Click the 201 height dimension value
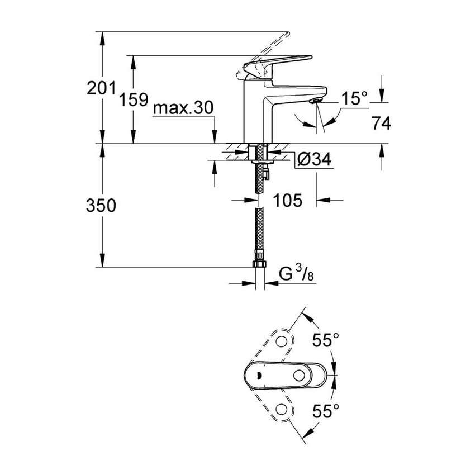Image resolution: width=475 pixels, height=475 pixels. click(101, 88)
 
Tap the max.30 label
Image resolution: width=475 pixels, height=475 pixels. click(183, 108)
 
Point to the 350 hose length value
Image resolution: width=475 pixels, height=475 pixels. click(101, 206)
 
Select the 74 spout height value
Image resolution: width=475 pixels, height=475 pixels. click(380, 123)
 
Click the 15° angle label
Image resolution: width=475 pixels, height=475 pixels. click(355, 99)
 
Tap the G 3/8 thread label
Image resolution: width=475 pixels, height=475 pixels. click(292, 275)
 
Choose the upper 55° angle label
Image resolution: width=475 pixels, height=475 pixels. click(326, 339)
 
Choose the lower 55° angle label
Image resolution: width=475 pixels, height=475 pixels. click(326, 412)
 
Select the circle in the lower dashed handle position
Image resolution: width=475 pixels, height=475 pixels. click(283, 412)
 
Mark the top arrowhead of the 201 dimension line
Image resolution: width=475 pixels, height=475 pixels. click(103, 35)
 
